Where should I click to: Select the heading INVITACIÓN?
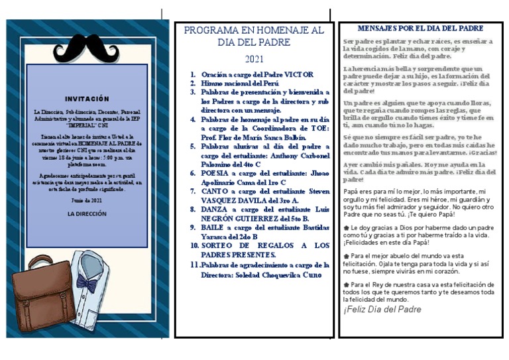[87, 99]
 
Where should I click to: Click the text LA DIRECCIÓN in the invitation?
[87, 215]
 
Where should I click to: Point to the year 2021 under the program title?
[254, 59]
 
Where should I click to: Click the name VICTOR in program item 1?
[298, 75]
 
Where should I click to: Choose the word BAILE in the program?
[215, 227]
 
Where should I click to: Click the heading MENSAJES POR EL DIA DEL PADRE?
[420, 29]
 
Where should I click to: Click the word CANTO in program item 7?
[217, 191]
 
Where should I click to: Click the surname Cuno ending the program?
[316, 274]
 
